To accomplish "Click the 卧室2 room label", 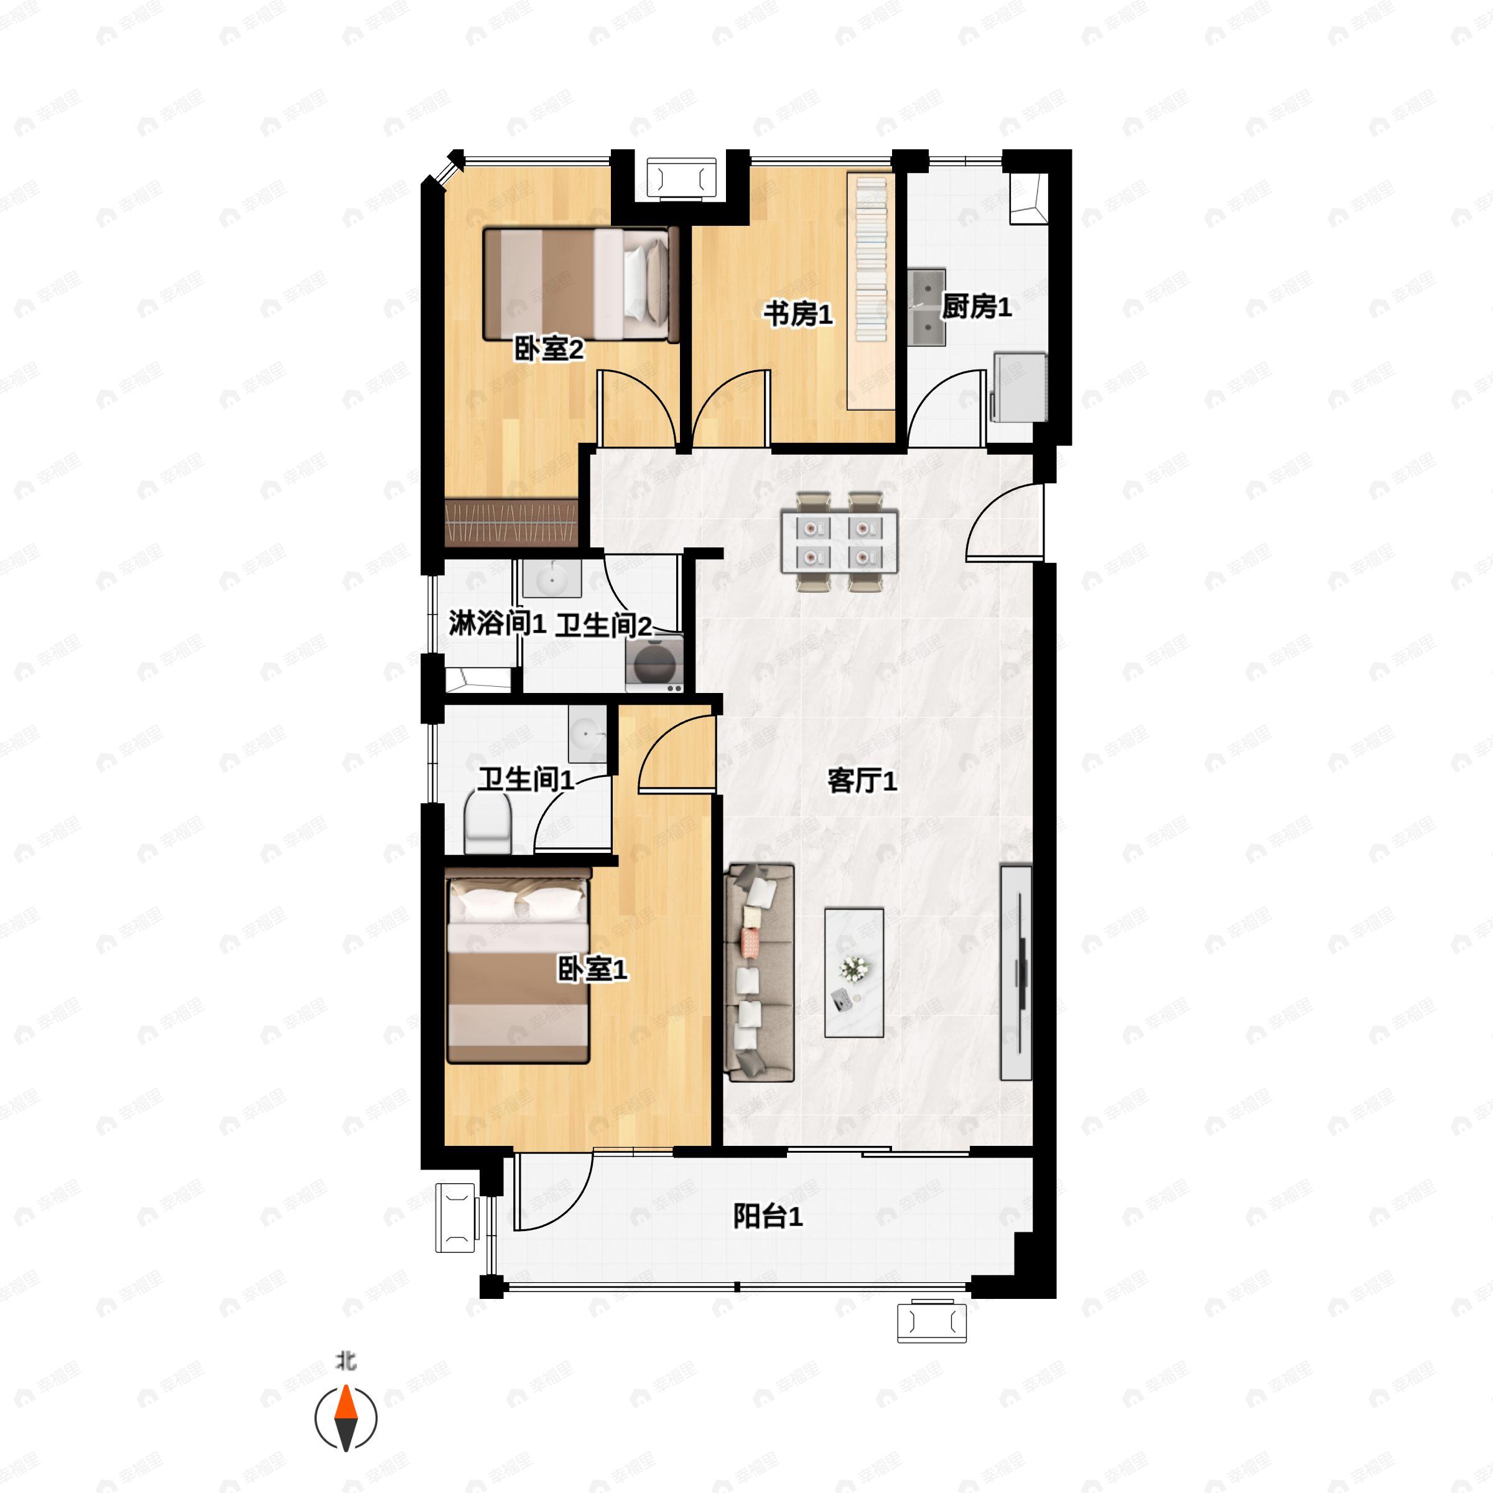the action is (549, 349).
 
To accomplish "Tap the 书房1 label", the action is (798, 315).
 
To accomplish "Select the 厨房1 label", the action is (976, 307).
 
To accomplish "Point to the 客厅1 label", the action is (862, 781).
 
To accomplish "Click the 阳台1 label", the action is (768, 1217).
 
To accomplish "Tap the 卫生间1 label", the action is (526, 779).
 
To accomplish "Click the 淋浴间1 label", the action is (498, 623).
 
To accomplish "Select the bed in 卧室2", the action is (580, 284).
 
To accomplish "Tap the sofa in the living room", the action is (759, 973).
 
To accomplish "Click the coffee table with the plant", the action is (854, 972).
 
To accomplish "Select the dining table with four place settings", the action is (839, 542).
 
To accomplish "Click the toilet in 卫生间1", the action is (488, 822).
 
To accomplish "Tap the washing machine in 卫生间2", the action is (654, 663).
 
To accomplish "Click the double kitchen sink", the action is (926, 306).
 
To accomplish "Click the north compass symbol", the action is (347, 1418).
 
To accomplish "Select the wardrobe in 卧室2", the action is (511, 523).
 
